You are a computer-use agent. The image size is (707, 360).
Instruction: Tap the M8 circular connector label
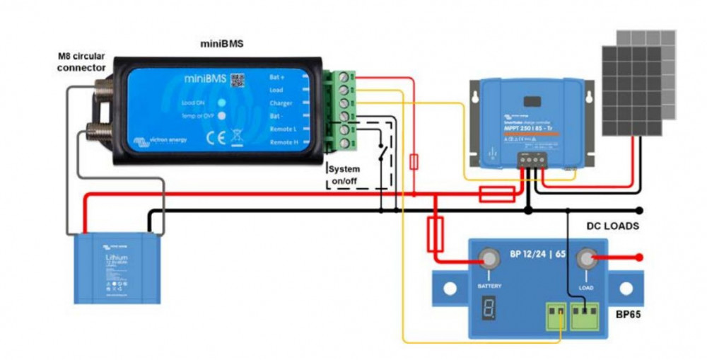point(82,62)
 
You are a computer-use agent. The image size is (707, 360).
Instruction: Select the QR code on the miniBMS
point(237,79)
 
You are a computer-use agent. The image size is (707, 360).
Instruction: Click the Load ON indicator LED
point(221,104)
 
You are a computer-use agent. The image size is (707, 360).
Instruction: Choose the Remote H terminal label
point(284,142)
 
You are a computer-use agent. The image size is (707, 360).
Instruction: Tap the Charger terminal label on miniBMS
point(281,103)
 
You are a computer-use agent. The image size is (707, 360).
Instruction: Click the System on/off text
point(345,175)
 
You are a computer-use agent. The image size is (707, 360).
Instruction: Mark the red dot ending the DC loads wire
point(639,257)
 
